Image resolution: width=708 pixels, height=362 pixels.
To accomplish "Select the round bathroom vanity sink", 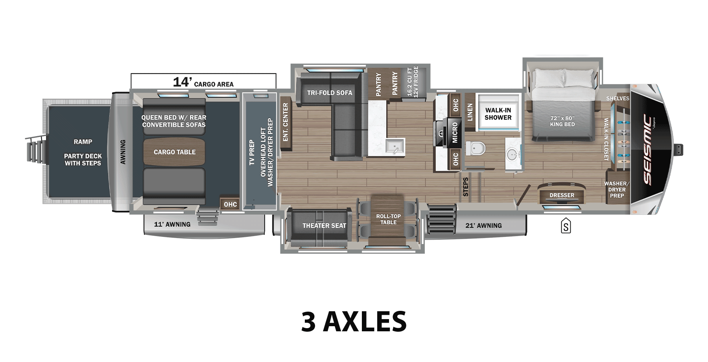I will [512, 155].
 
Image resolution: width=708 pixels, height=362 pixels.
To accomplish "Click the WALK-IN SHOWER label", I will [498, 114].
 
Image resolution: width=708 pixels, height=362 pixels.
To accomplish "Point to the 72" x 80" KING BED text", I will [562, 121].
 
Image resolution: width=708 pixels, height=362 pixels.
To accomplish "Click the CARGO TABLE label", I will [174, 152].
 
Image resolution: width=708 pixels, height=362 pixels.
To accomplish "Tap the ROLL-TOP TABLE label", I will [388, 219].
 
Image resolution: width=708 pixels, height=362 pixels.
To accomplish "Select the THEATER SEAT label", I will [324, 225].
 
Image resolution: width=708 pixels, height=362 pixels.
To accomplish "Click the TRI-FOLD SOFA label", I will [330, 93].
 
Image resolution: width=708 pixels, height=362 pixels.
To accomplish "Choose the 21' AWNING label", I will [483, 225].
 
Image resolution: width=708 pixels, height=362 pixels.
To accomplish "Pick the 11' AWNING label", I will [172, 224].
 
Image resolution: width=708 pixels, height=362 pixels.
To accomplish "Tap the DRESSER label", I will [562, 195].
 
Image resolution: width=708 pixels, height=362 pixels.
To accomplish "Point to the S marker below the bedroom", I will [566, 227].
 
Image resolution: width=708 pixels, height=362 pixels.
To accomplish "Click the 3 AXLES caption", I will [354, 321].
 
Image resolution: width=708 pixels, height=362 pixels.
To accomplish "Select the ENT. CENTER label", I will [286, 122].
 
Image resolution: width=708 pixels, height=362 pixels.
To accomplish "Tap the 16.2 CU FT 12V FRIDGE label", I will [413, 82].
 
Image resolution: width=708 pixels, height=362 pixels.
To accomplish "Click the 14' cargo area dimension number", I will [182, 82].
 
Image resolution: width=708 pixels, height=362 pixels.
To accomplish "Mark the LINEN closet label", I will [470, 112].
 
